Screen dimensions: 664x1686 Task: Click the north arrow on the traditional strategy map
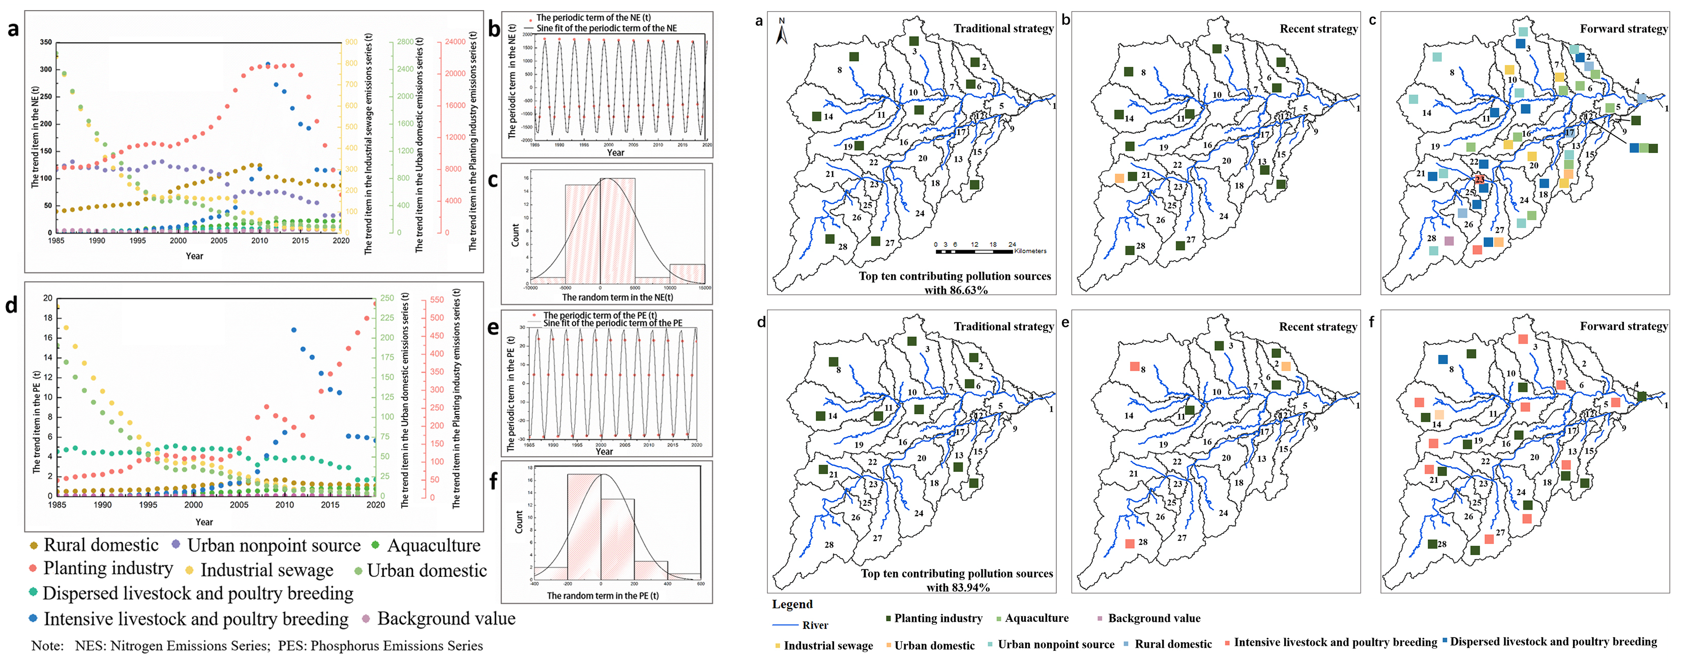click(x=782, y=32)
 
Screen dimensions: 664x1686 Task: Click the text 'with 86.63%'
click(x=956, y=290)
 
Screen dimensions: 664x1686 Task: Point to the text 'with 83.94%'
click(x=957, y=587)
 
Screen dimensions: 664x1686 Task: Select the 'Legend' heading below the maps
click(x=792, y=605)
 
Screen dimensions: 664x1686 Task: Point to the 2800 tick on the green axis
click(x=405, y=42)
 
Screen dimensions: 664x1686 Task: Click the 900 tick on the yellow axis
click(x=351, y=42)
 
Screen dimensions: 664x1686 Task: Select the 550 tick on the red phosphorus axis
click(x=436, y=299)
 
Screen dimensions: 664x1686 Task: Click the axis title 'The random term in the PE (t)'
click(x=602, y=596)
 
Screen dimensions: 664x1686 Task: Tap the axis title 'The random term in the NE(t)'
click(x=617, y=297)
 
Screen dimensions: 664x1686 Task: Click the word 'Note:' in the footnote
click(x=48, y=646)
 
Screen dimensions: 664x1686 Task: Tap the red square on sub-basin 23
click(x=1479, y=179)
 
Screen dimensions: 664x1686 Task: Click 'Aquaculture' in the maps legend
click(x=1036, y=618)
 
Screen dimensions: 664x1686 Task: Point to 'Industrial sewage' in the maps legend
click(x=828, y=646)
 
